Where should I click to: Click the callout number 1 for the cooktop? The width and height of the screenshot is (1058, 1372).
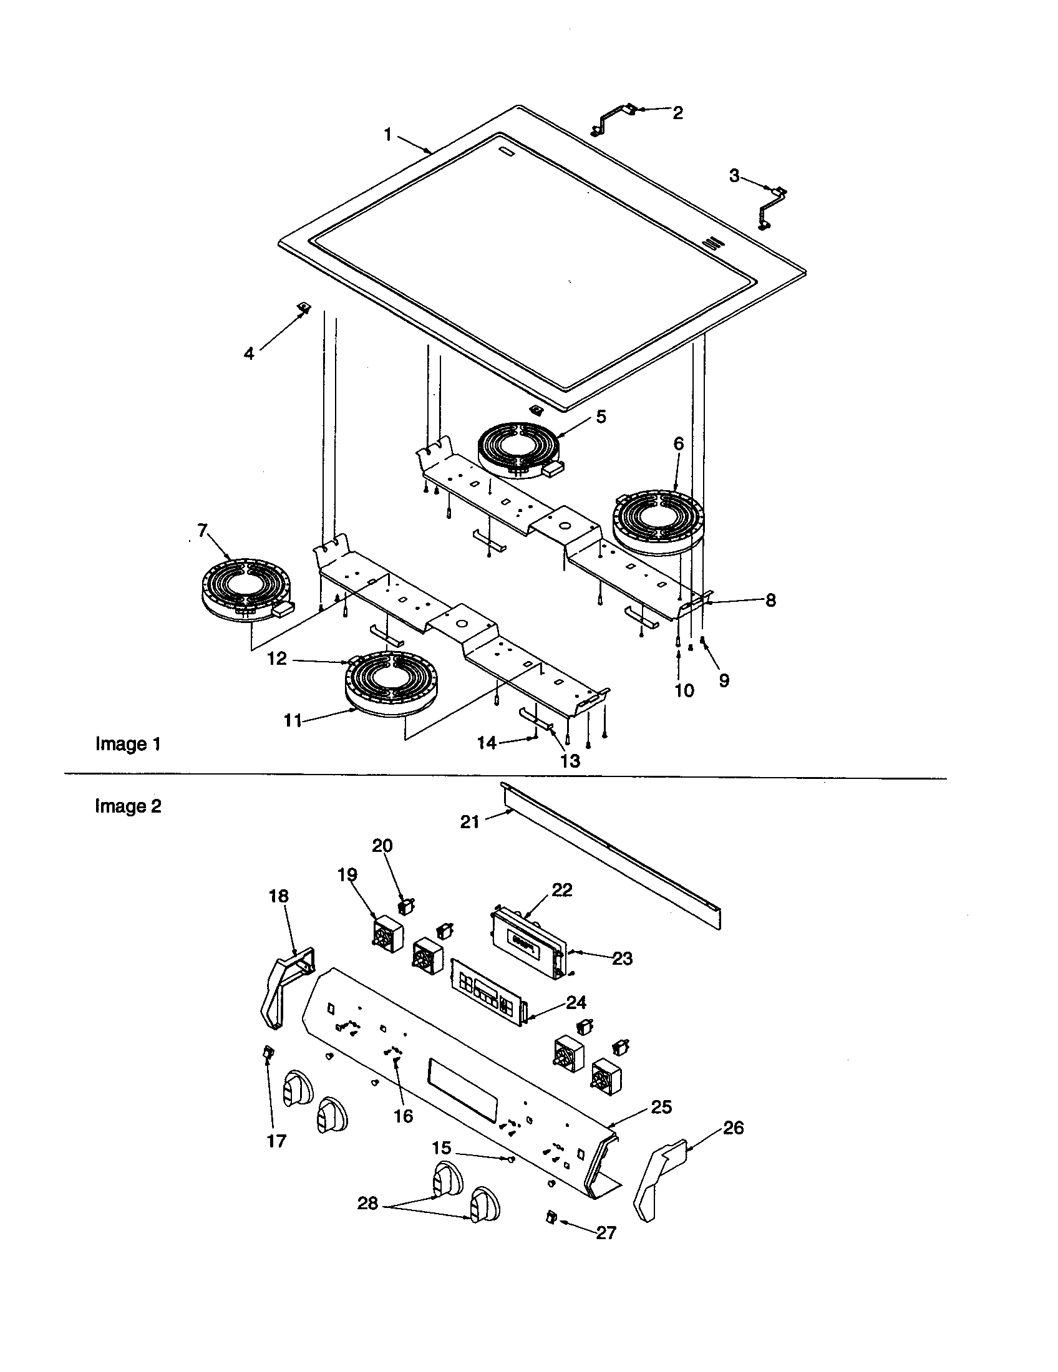387,135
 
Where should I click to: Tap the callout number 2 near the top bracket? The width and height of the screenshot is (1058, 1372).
677,113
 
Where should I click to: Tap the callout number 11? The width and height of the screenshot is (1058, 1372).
293,720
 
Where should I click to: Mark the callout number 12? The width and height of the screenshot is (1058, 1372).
276,659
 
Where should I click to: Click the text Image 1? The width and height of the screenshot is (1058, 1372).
128,744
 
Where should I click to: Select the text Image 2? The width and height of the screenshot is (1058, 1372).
128,806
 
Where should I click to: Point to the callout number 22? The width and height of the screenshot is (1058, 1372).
561,890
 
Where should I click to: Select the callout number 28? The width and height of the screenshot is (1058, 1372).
367,1204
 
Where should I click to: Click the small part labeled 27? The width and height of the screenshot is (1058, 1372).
551,1218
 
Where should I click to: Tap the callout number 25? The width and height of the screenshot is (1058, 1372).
662,1107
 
